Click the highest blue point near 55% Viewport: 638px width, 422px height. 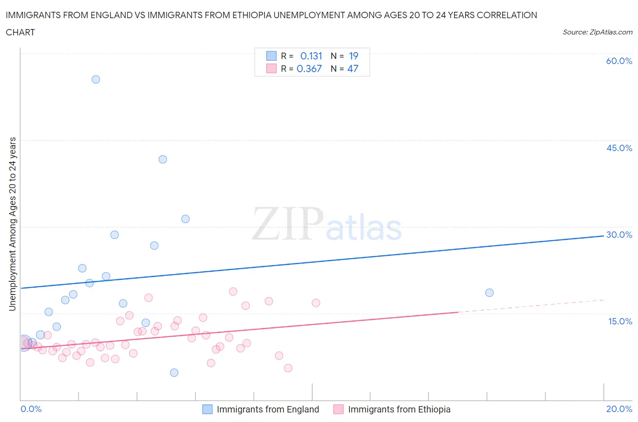tap(96, 79)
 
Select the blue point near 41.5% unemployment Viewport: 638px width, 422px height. tap(163, 159)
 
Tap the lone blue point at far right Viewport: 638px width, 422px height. tap(489, 293)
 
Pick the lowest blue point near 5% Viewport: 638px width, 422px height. tap(174, 373)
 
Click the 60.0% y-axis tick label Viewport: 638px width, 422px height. tap(619, 61)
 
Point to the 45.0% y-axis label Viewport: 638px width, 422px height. tap(619, 148)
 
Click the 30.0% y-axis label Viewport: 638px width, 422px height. tap(619, 235)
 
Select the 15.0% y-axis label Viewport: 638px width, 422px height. tap(620, 321)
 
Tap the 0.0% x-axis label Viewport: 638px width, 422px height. tap(31, 409)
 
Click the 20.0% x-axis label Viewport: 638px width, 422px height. tap(619, 409)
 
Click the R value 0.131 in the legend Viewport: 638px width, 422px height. tap(311, 56)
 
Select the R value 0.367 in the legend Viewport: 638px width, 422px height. tap(309, 69)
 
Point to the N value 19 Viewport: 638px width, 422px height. tap(353, 56)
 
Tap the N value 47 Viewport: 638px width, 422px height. tap(353, 69)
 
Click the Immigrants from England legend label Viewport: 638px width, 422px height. tap(268, 409)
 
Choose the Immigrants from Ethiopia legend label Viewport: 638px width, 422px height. tap(399, 409)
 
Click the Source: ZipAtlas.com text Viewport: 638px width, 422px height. tap(597, 32)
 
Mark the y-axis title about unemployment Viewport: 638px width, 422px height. tap(12, 224)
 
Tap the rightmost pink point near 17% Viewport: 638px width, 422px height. tap(316, 303)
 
